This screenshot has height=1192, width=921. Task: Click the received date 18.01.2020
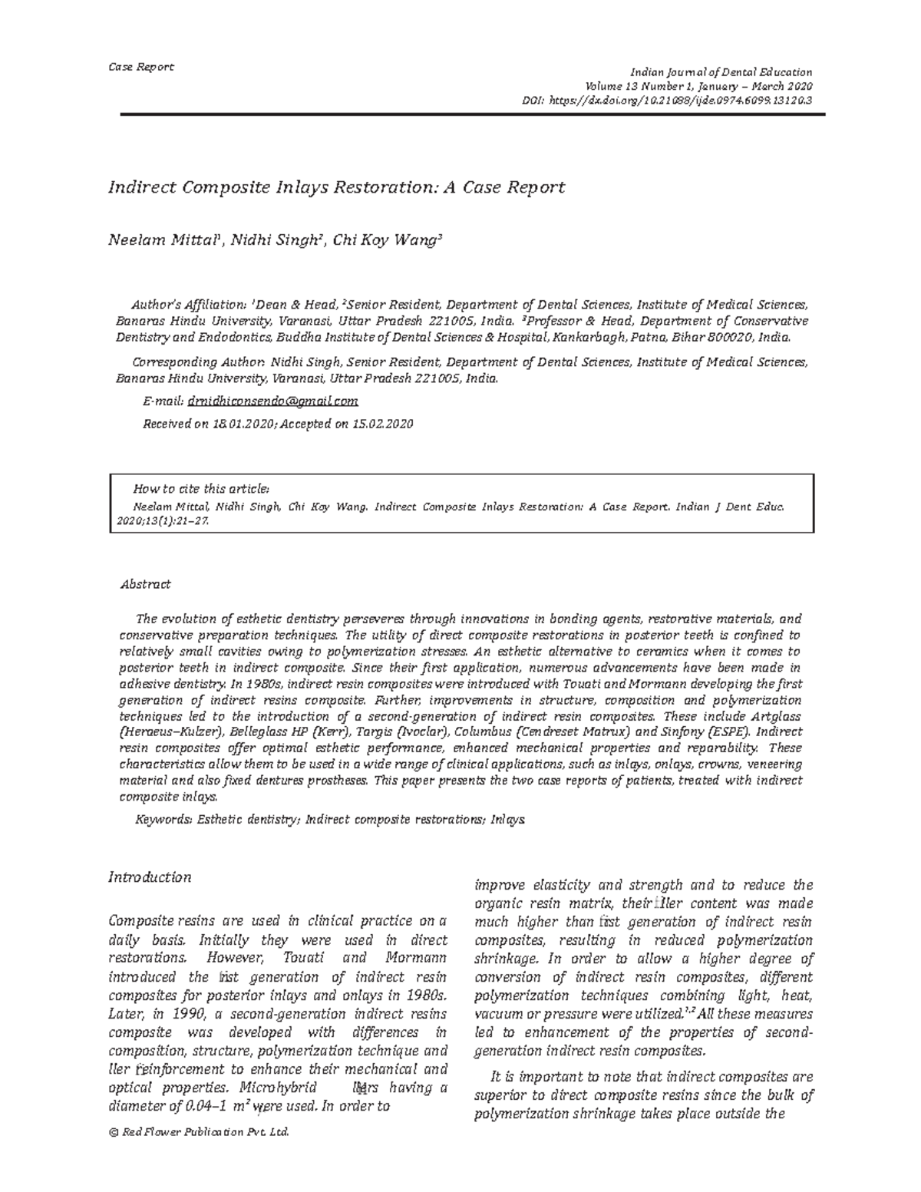(243, 424)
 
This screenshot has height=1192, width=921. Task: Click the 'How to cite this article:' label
(201, 488)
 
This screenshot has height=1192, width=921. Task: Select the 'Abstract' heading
(146, 584)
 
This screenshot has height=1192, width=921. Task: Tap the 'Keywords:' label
(164, 820)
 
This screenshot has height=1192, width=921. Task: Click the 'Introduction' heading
(150, 877)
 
